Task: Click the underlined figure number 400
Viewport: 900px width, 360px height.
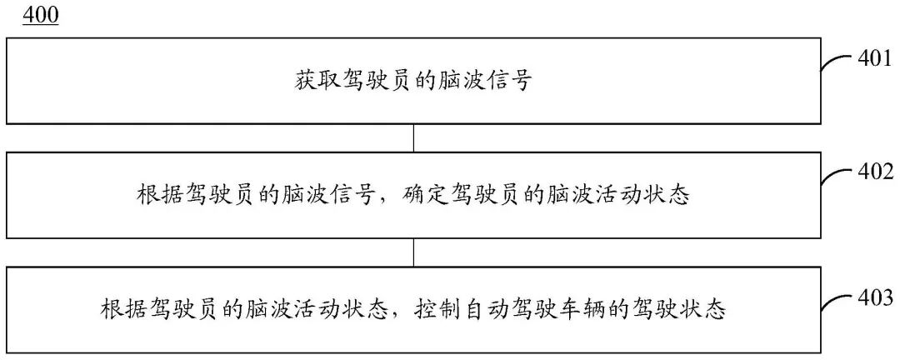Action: (41, 17)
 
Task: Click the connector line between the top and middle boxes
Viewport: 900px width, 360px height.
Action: (414, 138)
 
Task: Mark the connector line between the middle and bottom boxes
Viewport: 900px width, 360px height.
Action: (414, 253)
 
